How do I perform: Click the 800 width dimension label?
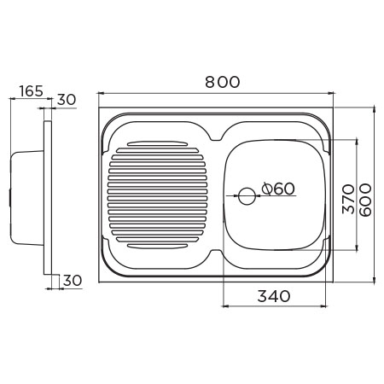[x=223, y=82]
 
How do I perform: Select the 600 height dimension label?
[x=365, y=200]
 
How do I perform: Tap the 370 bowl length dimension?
[x=348, y=199]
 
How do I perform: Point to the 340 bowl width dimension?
[x=274, y=296]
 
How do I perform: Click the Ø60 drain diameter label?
[x=278, y=189]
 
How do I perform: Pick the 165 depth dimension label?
[x=32, y=91]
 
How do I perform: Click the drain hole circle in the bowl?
[x=247, y=196]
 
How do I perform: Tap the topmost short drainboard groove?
[x=157, y=143]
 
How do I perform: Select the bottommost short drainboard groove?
[x=157, y=247]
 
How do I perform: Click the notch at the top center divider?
[x=216, y=138]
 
